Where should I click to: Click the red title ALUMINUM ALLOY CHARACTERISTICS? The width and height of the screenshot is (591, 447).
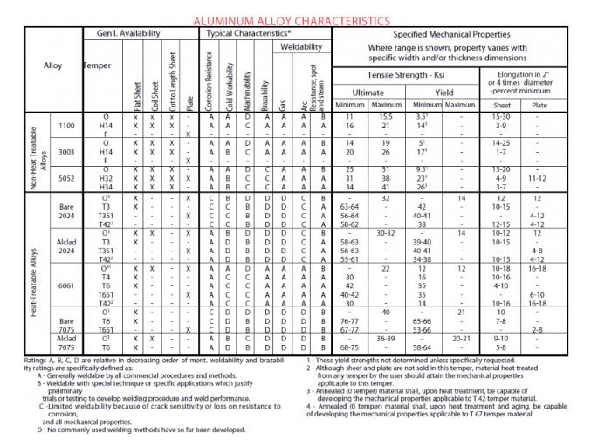[x=292, y=19]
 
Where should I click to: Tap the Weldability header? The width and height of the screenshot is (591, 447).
[x=300, y=46]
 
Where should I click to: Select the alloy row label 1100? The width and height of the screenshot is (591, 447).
[x=65, y=127]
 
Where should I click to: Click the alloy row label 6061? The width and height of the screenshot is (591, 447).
[x=65, y=285]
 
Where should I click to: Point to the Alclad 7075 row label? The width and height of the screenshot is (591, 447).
[x=65, y=343]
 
